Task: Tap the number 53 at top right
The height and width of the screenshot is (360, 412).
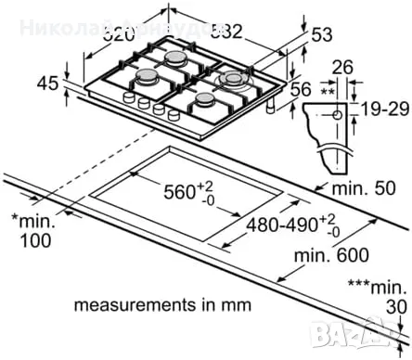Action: point(322,35)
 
